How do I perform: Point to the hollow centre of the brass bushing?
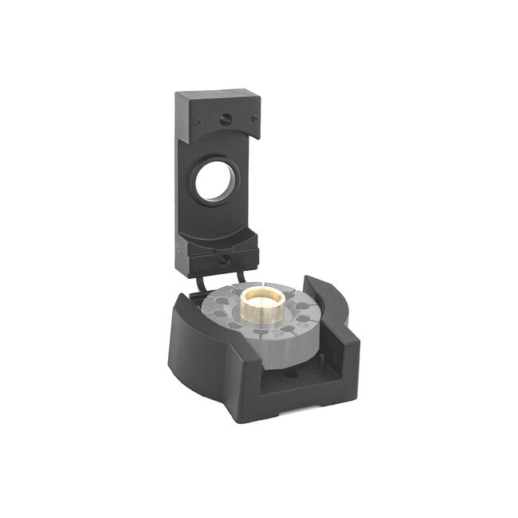point(264,296)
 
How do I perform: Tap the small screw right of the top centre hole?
point(253,120)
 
